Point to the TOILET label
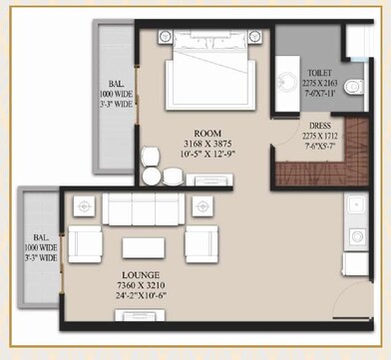(x=319, y=73)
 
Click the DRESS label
(x=320, y=127)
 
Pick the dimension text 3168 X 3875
(x=207, y=143)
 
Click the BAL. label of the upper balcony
(x=110, y=84)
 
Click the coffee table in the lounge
(x=144, y=248)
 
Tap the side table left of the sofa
(x=83, y=205)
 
